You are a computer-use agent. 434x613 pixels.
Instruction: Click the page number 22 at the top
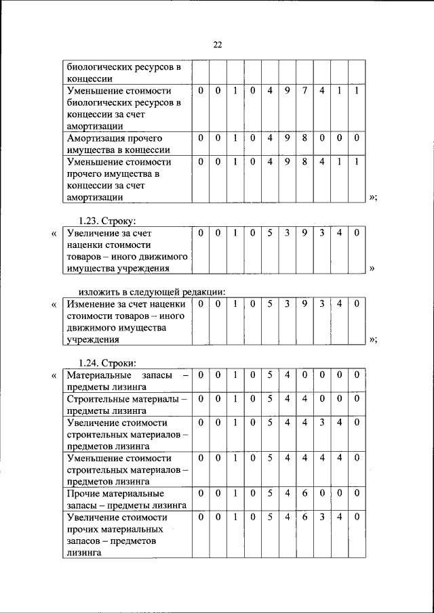217,45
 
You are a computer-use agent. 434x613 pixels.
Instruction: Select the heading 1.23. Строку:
108,221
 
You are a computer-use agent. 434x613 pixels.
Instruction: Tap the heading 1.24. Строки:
108,362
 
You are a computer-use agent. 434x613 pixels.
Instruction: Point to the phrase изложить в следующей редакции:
146,291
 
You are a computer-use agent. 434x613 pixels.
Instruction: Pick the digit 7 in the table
304,90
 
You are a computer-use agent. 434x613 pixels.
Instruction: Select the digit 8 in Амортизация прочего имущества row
304,138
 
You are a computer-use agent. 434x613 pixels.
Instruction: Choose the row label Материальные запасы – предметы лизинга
127,381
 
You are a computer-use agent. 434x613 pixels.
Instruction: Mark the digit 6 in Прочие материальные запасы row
304,493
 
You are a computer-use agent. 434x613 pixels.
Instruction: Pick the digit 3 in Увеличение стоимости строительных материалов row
322,422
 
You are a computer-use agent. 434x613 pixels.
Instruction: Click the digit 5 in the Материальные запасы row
269,375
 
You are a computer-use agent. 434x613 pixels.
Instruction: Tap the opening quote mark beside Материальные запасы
54,375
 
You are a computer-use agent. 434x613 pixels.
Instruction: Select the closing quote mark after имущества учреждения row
372,268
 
